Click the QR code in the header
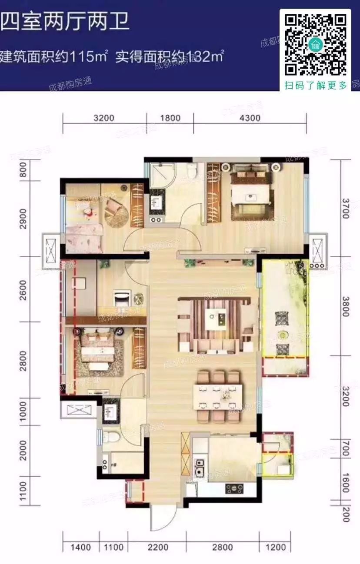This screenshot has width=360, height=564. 316,44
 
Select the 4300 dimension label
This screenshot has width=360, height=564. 250,118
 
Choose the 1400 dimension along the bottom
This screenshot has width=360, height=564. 80,547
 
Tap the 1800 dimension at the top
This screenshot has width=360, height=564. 170,118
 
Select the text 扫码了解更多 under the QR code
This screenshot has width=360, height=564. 316,85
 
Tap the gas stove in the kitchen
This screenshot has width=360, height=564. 235,489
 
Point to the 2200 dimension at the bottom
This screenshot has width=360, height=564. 161,547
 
